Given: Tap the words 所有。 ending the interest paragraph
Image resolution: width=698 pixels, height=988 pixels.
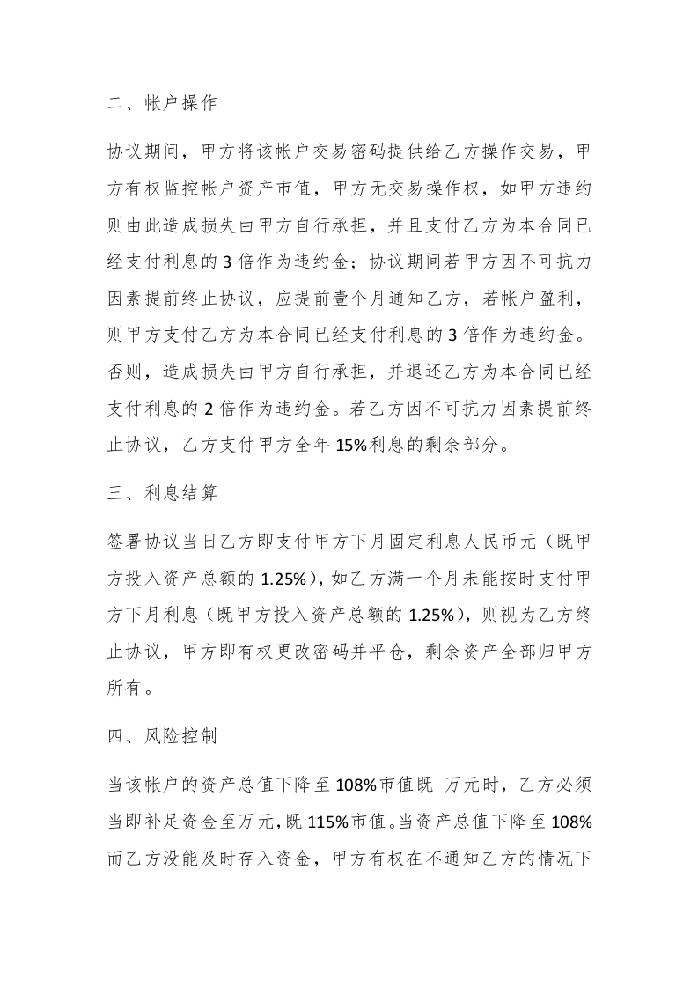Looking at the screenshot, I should click(129, 689).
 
